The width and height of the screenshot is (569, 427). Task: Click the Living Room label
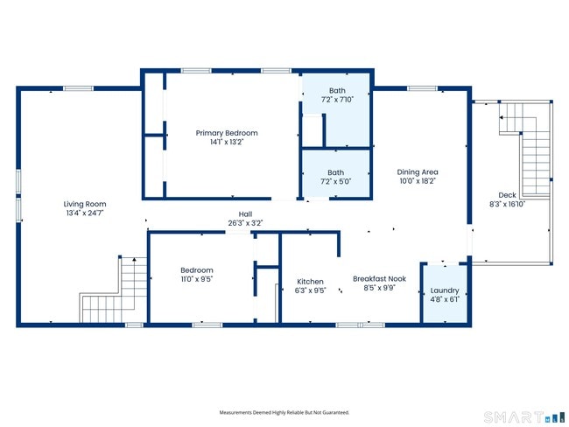click(x=85, y=204)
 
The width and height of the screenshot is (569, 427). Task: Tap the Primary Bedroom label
click(x=227, y=133)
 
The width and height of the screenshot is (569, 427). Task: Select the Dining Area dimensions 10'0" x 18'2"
click(x=418, y=181)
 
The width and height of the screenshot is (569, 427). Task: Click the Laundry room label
click(x=445, y=290)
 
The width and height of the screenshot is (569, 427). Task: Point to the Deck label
click(x=507, y=195)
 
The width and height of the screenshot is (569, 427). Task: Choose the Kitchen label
click(x=310, y=282)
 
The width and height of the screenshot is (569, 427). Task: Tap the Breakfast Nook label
click(x=379, y=279)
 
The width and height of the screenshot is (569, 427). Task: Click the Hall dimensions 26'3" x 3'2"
click(x=245, y=223)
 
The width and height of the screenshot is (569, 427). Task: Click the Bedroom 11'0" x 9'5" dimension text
click(x=197, y=279)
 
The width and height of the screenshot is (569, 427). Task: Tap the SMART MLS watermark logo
click(x=524, y=417)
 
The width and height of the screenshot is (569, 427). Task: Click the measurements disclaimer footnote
click(x=284, y=412)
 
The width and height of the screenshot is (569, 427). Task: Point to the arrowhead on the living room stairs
click(x=134, y=259)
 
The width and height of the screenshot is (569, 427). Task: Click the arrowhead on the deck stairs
click(x=501, y=117)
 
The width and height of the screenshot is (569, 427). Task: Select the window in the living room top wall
click(x=79, y=88)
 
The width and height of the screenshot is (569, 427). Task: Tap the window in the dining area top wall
click(x=422, y=88)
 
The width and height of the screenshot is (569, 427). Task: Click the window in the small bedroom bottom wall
click(x=207, y=325)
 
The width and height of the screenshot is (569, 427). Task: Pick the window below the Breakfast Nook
click(x=361, y=325)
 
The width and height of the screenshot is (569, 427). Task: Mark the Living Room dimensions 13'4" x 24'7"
click(x=85, y=213)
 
